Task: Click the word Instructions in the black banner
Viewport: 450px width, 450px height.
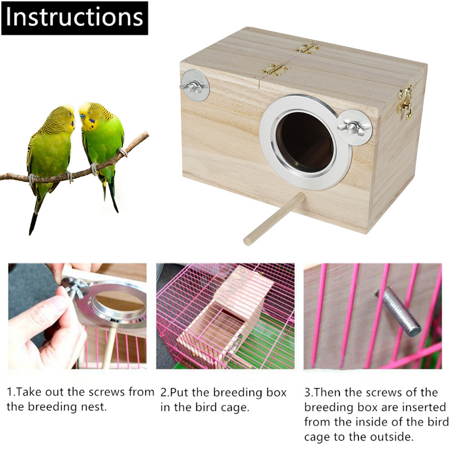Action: (75, 18)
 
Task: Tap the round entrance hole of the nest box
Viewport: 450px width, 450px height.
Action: (305, 142)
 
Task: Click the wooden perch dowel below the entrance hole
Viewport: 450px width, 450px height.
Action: (274, 219)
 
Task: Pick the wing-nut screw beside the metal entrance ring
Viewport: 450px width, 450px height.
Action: (353, 128)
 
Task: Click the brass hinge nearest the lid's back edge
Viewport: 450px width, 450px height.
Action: (307, 47)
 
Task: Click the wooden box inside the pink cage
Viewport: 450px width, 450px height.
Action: (225, 315)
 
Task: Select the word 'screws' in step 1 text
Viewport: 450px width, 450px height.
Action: (107, 391)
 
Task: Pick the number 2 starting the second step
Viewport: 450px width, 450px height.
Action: (164, 392)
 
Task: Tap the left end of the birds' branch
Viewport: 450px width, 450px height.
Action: (2, 177)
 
